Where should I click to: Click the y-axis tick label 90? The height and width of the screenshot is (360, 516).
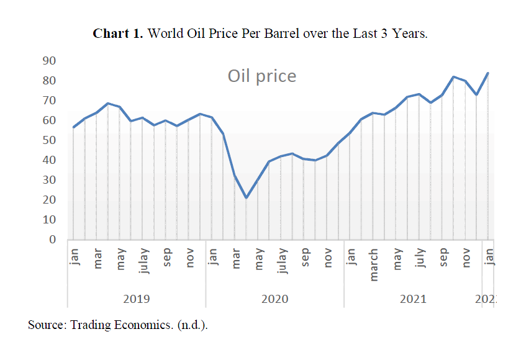[x=50, y=61]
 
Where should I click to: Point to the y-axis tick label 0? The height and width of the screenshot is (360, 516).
[x=53, y=240]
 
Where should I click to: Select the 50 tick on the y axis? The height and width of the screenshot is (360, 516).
[x=50, y=140]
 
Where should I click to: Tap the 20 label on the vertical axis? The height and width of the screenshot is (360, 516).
[x=50, y=200]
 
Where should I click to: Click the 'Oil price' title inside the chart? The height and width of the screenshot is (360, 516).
[x=261, y=76]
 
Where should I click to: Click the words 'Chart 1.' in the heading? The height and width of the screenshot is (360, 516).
[x=118, y=34]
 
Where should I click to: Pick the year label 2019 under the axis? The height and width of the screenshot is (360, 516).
[x=136, y=299]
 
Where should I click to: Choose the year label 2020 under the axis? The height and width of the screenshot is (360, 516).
[x=274, y=299]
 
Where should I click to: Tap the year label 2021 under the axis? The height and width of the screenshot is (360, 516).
[x=413, y=299]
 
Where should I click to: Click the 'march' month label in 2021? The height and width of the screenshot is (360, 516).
[x=374, y=264]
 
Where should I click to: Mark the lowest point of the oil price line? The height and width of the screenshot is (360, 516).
[x=247, y=198]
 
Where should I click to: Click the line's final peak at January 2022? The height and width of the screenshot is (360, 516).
[x=488, y=73]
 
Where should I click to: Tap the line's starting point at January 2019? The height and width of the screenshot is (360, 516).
[x=73, y=127]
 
